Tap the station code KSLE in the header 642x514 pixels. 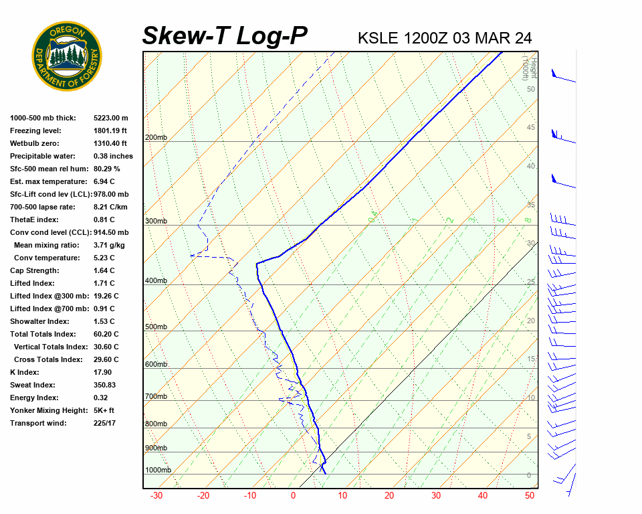click(379, 37)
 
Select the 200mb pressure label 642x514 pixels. click(156, 138)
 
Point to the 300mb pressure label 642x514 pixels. click(156, 221)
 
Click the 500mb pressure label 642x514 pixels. click(156, 327)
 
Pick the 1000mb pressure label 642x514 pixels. click(158, 470)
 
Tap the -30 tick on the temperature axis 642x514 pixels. click(156, 496)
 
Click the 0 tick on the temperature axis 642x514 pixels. click(293, 496)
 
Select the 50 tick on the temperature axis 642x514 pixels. click(529, 496)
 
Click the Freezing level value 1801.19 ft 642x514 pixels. click(110, 131)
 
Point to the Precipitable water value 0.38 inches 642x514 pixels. click(113, 156)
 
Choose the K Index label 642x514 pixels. click(25, 372)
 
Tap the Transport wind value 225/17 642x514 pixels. click(105, 423)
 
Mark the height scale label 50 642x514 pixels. click(530, 89)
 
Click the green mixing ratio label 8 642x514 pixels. click(528, 220)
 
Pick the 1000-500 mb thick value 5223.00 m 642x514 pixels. click(111, 118)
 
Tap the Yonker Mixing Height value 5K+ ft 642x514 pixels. click(104, 410)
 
